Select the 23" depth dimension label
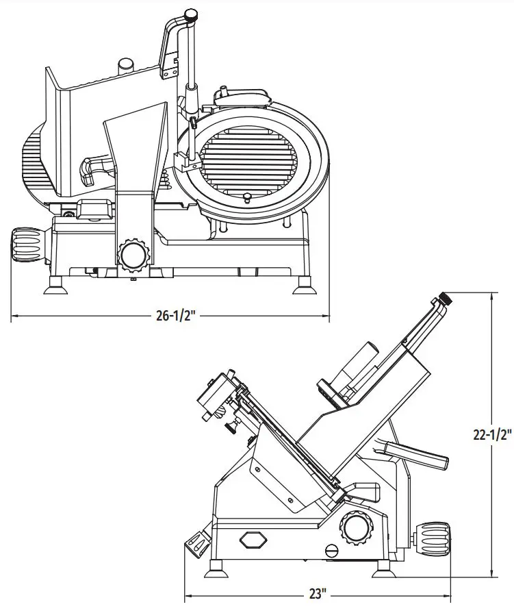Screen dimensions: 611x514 click(318, 594)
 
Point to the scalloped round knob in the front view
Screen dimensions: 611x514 click(133, 255)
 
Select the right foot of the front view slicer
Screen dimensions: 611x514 click(304, 287)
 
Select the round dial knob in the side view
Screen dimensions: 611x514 click(357, 527)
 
